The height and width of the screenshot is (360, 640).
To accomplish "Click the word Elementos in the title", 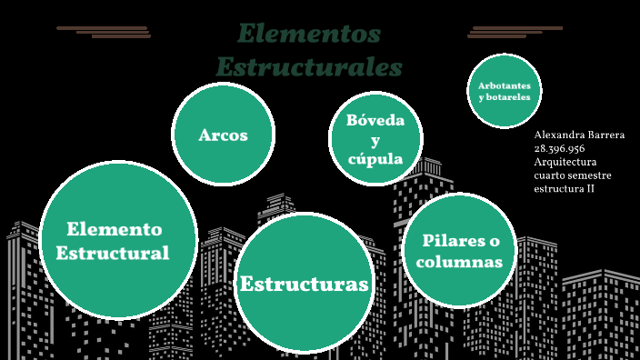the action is click(x=308, y=35).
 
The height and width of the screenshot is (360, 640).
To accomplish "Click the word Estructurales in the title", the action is click(x=308, y=67).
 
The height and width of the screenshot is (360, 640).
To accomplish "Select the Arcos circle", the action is click(x=223, y=135).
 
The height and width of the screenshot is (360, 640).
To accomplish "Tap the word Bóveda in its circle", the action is click(x=375, y=120).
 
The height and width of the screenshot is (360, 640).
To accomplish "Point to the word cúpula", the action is click(x=375, y=159).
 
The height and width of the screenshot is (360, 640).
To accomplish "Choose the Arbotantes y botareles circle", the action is click(x=505, y=91).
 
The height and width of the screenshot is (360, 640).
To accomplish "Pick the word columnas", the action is click(x=462, y=262).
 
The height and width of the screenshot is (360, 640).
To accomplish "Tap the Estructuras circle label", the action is click(x=304, y=285).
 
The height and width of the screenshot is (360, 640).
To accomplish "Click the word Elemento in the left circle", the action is click(x=114, y=229).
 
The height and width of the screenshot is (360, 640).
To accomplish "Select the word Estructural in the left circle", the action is click(x=113, y=253).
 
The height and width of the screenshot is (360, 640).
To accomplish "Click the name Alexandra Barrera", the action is click(x=579, y=135).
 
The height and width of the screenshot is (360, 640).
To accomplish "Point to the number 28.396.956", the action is click(x=559, y=148).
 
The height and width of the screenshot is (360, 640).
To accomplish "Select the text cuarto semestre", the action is click(x=572, y=175).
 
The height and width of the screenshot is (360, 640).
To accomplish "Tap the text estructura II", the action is click(x=564, y=189).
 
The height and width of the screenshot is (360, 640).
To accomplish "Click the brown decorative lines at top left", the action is click(x=105, y=32).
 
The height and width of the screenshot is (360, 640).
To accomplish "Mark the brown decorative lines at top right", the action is click(x=514, y=32).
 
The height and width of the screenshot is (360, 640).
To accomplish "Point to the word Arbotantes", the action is click(x=505, y=85).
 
